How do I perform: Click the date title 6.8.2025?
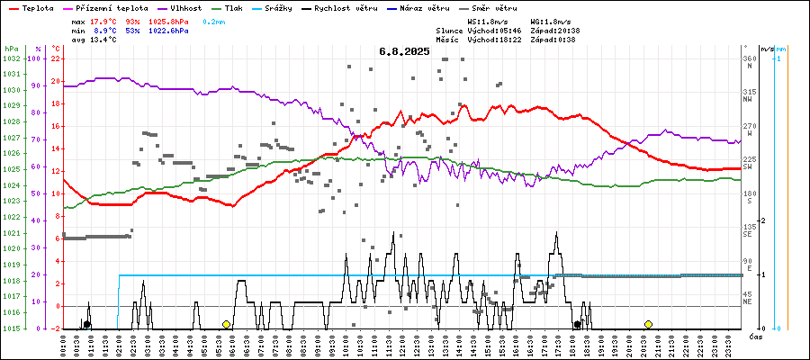coord(404,51)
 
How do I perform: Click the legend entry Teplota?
coord(37,8)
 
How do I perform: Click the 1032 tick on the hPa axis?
coord(11,58)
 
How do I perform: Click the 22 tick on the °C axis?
coord(56,58)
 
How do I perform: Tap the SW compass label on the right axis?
coord(748,166)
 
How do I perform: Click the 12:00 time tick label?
coord(403,346)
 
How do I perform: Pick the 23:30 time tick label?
coord(727,346)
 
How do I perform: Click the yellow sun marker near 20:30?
coord(648,324)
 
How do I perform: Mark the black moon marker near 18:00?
coord(577,324)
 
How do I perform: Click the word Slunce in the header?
coord(473,31)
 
